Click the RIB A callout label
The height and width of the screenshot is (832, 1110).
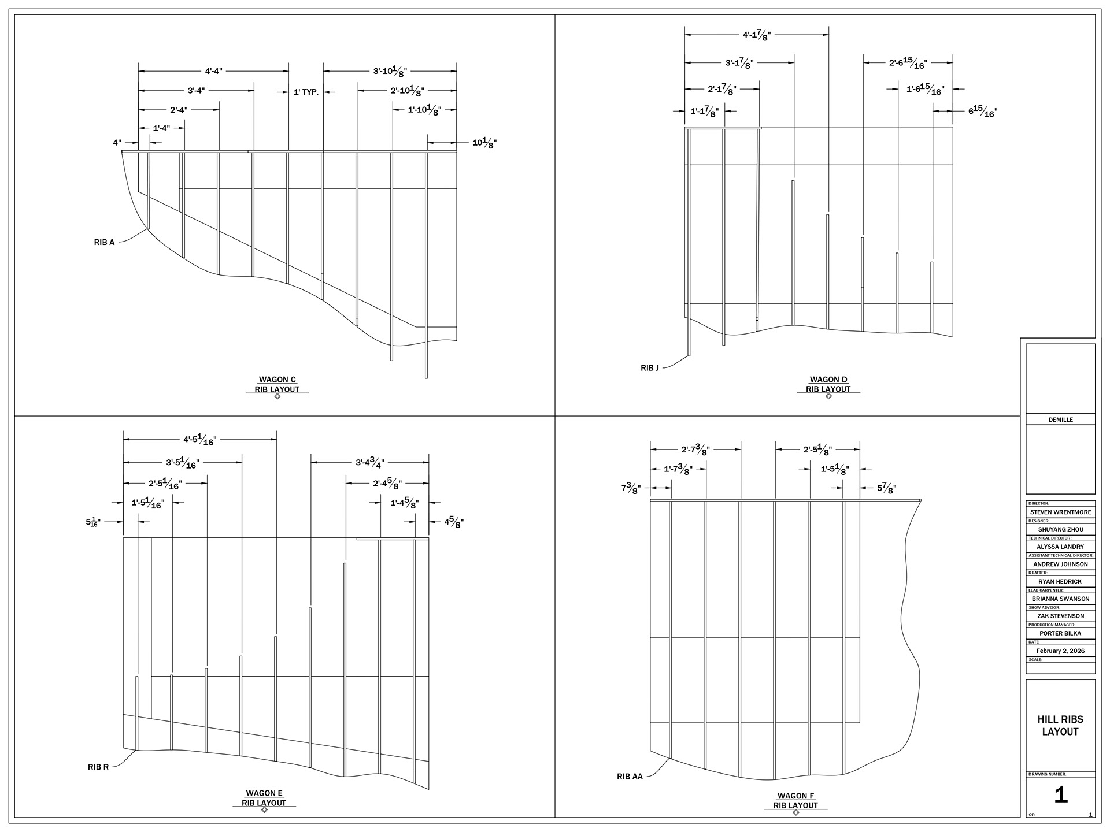click(105, 242)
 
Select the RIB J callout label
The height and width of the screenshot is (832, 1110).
click(650, 368)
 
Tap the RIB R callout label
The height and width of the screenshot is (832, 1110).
click(98, 767)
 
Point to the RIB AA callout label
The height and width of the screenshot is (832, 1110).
click(630, 777)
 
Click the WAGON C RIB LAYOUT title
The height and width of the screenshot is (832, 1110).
click(277, 384)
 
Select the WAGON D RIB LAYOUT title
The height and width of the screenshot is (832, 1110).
click(828, 384)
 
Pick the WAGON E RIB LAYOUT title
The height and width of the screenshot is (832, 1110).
click(264, 798)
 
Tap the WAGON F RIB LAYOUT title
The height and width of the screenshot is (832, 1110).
click(795, 800)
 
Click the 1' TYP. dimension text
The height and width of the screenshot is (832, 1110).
click(306, 92)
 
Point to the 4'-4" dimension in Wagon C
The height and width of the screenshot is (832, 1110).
click(213, 71)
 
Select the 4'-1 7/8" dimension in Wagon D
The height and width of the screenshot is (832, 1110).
click(757, 35)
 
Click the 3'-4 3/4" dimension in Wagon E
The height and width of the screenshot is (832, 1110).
click(370, 462)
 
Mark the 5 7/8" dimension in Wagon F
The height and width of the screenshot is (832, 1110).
click(887, 488)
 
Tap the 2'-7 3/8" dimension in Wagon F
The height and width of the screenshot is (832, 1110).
click(695, 450)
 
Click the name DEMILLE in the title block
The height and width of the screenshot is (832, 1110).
click(1060, 419)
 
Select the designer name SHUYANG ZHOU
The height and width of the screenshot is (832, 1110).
click(1060, 529)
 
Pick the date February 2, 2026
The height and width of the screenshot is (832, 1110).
click(1060, 651)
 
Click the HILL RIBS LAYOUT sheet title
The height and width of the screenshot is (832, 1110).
click(1060, 726)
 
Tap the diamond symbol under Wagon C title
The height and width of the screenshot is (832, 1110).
click(277, 396)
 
